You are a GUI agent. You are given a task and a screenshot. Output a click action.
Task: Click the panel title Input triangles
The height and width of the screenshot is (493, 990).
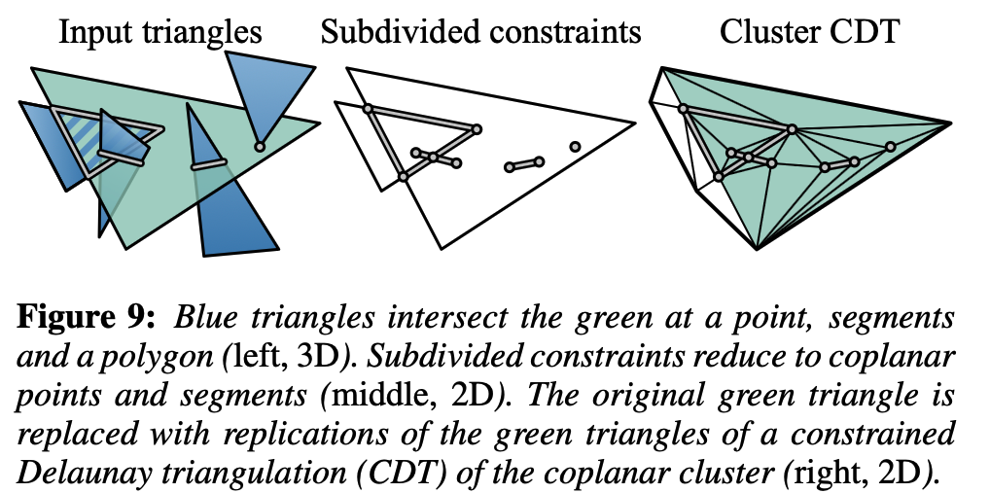click(x=160, y=31)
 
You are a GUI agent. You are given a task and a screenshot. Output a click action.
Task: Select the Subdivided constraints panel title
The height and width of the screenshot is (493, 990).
click(x=480, y=31)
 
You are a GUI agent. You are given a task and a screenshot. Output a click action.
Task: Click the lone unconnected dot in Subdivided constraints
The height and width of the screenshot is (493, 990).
click(x=575, y=146)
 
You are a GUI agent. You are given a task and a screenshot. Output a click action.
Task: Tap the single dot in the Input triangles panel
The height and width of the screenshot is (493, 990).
click(x=259, y=147)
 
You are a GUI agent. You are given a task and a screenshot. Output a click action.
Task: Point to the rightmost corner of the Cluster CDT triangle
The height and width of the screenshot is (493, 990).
click(x=950, y=123)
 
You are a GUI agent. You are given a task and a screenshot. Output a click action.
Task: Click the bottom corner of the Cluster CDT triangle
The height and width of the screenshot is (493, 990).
click(x=757, y=249)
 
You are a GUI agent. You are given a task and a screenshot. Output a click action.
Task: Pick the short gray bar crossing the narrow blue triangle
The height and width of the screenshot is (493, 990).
click(x=209, y=164)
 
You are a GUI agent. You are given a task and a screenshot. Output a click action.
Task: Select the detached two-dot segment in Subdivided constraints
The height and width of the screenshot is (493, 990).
click(x=523, y=164)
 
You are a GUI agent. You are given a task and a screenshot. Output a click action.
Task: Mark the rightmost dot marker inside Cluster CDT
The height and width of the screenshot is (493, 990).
click(x=889, y=147)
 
